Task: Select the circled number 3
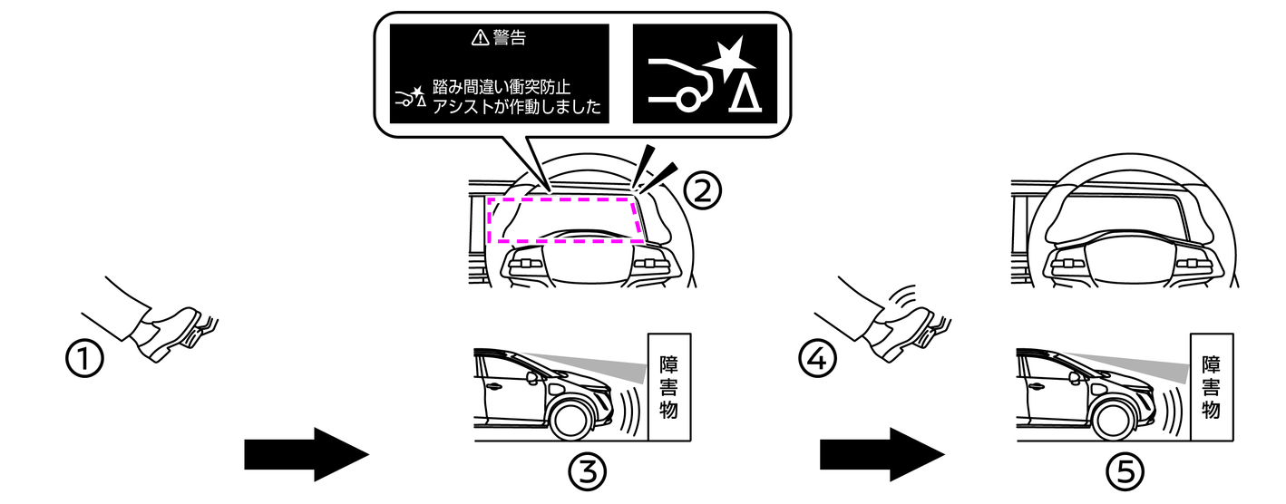point(586,470)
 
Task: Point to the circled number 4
point(814,361)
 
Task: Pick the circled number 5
point(1125,470)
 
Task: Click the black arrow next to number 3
point(306,453)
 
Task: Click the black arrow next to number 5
point(882,453)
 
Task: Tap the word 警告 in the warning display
point(510,38)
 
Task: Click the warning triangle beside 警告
point(480,38)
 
